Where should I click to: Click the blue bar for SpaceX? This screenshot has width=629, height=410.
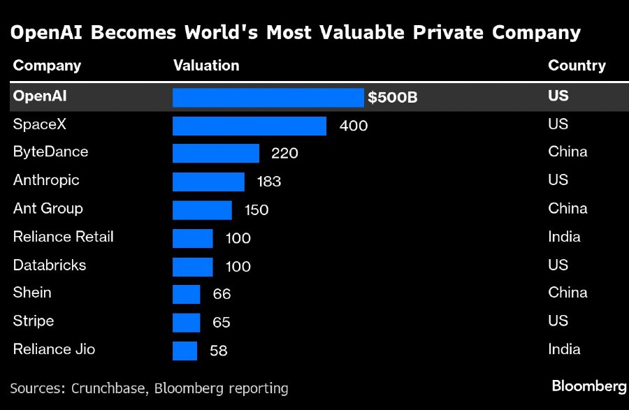(x=250, y=126)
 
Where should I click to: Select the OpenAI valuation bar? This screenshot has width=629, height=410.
(x=268, y=97)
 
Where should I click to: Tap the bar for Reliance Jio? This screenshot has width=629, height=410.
(x=185, y=351)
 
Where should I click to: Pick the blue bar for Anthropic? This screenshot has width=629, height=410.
(x=208, y=182)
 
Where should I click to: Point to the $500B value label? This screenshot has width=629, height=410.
(x=393, y=98)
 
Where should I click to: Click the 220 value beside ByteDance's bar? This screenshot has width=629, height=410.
(x=284, y=154)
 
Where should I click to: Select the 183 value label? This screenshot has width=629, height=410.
(x=269, y=182)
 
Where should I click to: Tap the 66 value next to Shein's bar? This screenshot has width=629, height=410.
(x=222, y=294)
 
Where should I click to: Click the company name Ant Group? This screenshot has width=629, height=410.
(x=48, y=208)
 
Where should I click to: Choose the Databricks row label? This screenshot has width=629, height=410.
(x=50, y=265)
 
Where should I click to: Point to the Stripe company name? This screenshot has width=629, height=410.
(x=34, y=321)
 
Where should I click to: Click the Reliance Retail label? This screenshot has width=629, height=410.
(x=63, y=237)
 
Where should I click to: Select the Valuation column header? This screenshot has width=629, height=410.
(x=206, y=66)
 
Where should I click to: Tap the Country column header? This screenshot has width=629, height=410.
(x=577, y=66)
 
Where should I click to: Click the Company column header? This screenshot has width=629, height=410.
(x=47, y=66)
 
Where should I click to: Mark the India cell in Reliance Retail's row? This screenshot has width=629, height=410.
(x=564, y=237)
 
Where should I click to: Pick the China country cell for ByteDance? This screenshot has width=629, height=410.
(x=567, y=152)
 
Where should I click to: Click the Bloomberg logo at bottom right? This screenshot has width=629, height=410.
(x=588, y=386)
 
